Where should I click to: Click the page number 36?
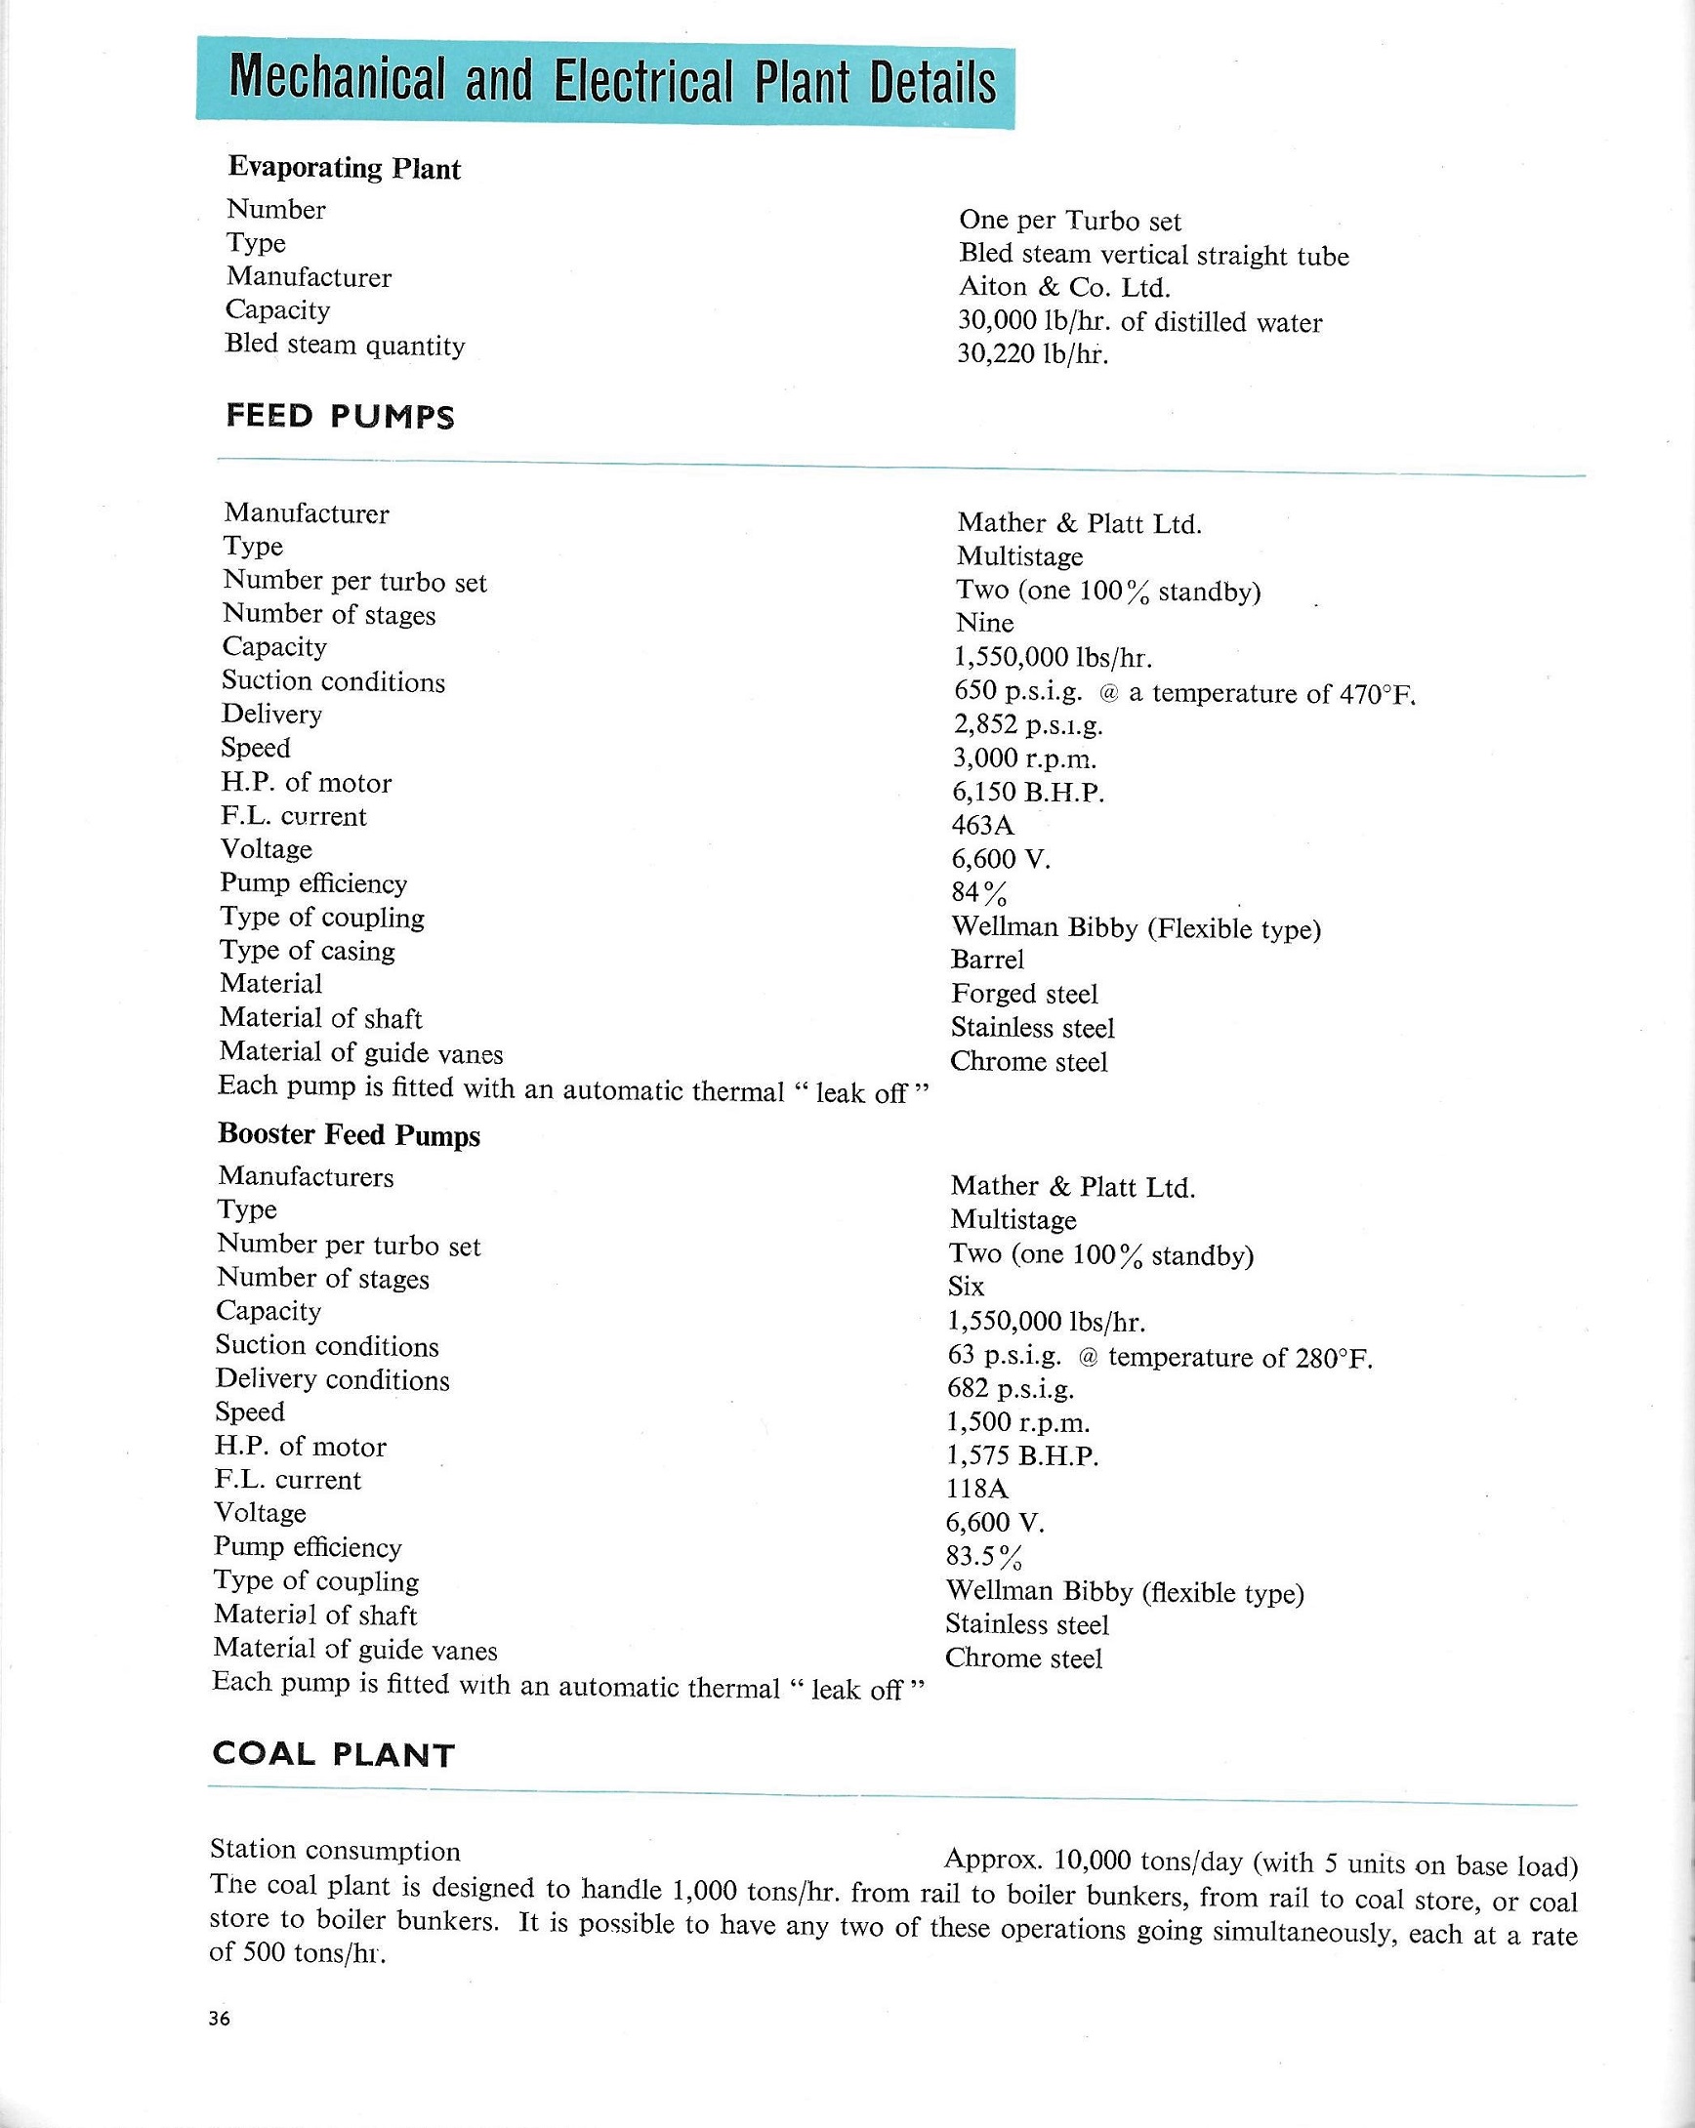click(219, 2019)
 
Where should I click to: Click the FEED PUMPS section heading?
click(340, 417)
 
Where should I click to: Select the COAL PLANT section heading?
click(333, 1754)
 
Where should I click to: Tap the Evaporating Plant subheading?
click(344, 168)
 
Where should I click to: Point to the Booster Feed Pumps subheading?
click(349, 1135)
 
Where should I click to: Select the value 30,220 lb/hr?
click(1033, 354)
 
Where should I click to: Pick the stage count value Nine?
click(984, 623)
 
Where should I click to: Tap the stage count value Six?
click(966, 1287)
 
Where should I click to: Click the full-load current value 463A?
click(982, 825)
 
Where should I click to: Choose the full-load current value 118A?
click(976, 1489)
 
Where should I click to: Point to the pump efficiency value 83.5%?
click(984, 1557)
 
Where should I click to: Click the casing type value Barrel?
click(987, 960)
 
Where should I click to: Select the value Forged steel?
click(1023, 994)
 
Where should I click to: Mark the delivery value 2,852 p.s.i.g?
click(1028, 725)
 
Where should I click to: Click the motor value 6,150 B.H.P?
click(1028, 793)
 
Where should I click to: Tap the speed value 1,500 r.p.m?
click(1018, 1422)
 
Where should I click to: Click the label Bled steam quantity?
click(345, 345)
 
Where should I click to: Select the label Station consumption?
click(335, 1850)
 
